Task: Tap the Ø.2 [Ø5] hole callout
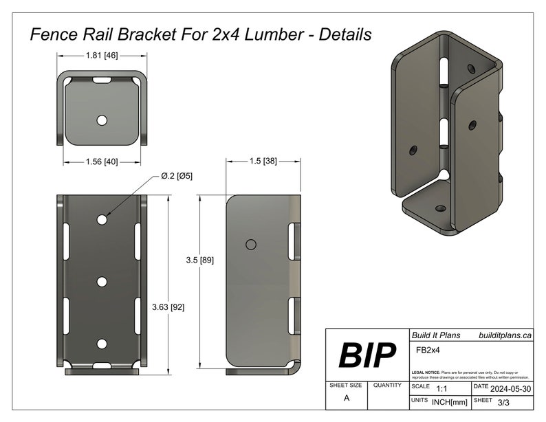point(177,176)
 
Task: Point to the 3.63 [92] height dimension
point(168,307)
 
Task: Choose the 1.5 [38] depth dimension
point(263,160)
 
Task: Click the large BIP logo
point(367,355)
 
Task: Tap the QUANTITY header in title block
point(387,386)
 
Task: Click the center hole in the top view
point(102,120)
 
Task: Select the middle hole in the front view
point(102,281)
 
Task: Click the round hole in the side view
point(251,245)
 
